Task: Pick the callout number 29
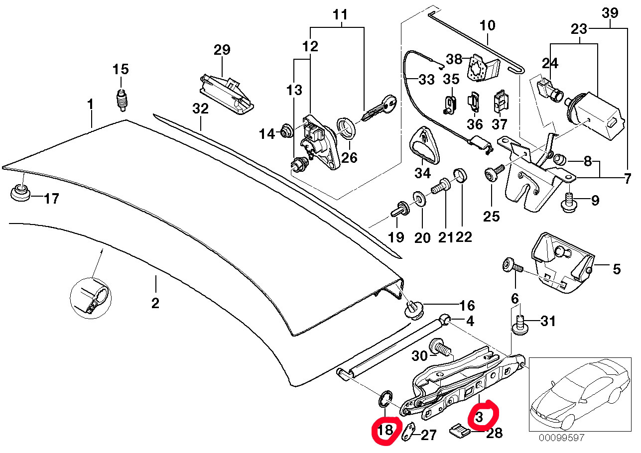(x=222, y=50)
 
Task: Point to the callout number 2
(x=155, y=304)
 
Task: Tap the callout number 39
(x=610, y=13)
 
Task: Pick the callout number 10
(x=487, y=26)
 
